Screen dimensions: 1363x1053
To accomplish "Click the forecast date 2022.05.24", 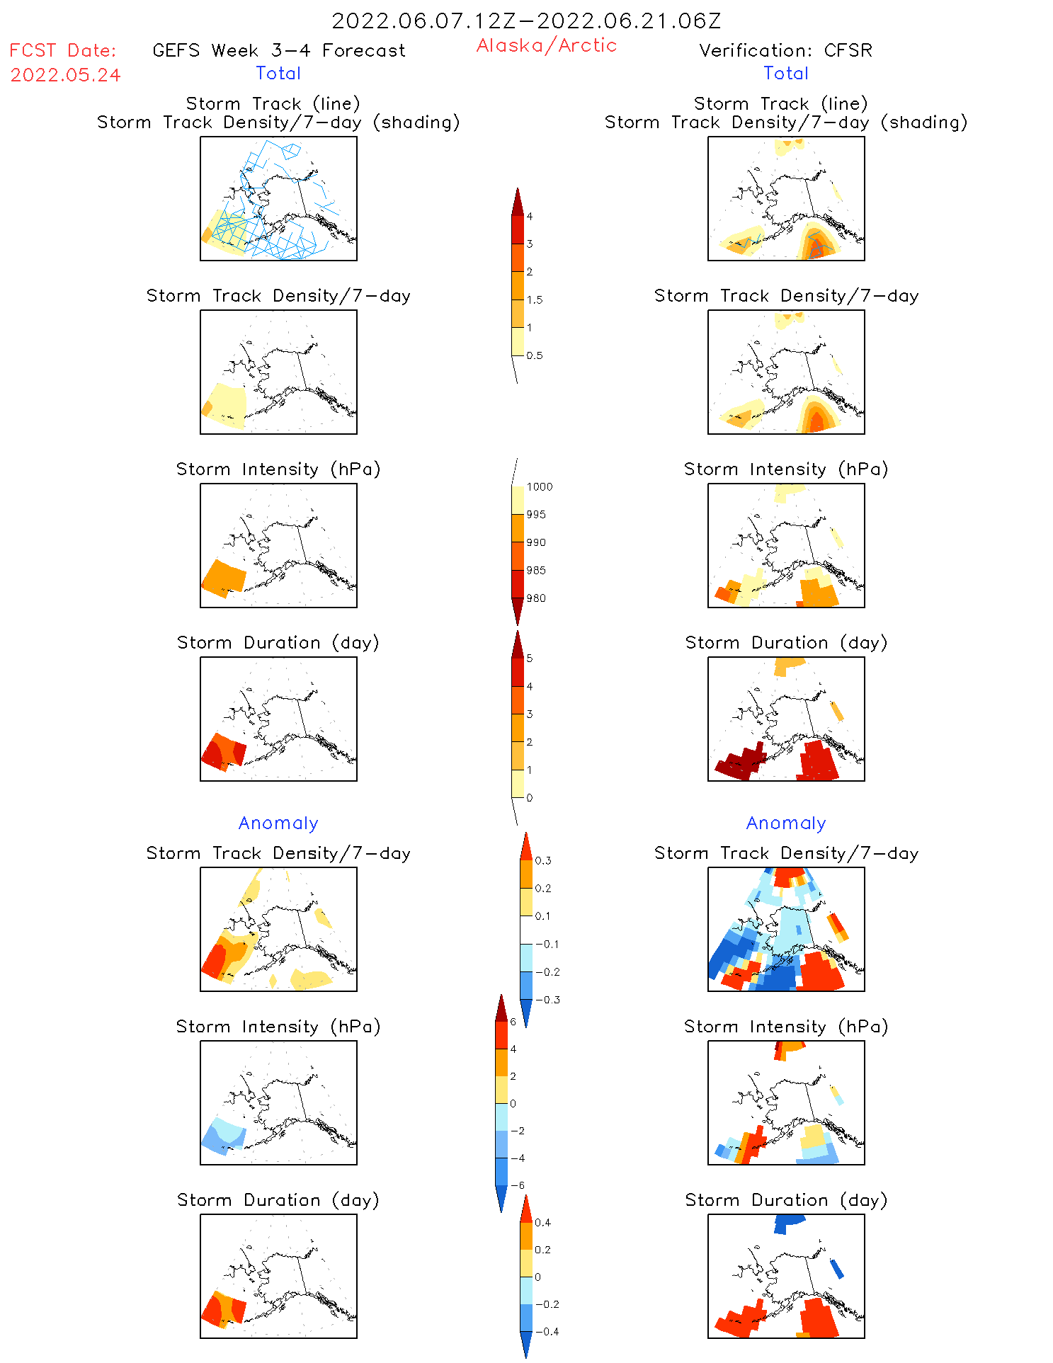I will click(x=65, y=75).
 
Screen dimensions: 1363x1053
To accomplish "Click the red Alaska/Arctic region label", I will click(x=546, y=45).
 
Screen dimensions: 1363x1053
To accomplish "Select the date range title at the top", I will click(x=526, y=21).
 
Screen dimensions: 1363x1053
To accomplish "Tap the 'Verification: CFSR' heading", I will click(x=785, y=50).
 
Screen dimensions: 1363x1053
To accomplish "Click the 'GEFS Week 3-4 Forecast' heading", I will click(x=279, y=50).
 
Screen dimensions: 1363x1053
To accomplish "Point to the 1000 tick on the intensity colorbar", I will click(x=539, y=487).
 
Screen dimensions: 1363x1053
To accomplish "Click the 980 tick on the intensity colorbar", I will click(x=536, y=598).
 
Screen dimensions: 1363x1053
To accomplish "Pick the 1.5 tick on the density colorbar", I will click(x=535, y=300).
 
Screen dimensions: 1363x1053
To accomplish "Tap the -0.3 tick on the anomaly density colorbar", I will click(x=547, y=1000).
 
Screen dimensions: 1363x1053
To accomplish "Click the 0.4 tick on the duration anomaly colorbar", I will click(x=542, y=1222).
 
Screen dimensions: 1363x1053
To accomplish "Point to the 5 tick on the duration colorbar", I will click(x=530, y=658).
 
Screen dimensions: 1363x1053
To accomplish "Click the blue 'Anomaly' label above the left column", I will click(x=278, y=823).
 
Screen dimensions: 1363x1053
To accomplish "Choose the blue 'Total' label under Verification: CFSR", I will click(x=785, y=73).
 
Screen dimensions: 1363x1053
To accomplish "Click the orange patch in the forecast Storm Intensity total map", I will click(x=224, y=577).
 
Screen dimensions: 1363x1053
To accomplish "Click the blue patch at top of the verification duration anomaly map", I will click(x=789, y=1222).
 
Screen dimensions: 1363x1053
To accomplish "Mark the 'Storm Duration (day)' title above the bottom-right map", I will click(x=786, y=1200).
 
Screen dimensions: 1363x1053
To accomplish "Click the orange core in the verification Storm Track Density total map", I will click(x=816, y=421).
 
